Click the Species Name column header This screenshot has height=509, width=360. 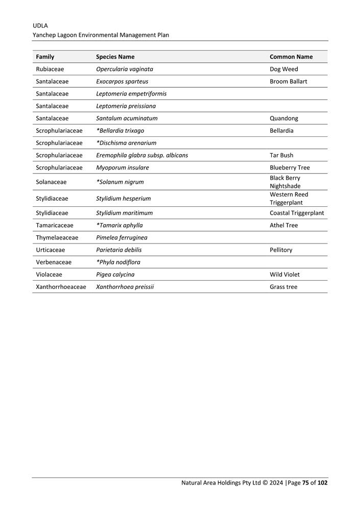click(x=115, y=57)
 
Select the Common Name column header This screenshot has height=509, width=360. click(x=291, y=57)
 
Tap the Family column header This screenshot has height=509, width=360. click(x=45, y=57)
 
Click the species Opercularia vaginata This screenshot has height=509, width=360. click(x=125, y=69)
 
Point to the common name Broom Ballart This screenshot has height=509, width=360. click(x=289, y=81)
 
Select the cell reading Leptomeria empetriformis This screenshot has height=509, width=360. click(x=131, y=93)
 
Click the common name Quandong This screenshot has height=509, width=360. click(x=284, y=118)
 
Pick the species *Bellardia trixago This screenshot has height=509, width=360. click(x=120, y=131)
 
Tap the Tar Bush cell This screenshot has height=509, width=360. click(x=281, y=155)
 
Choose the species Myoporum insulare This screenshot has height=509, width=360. click(x=123, y=167)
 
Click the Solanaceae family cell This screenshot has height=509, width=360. click(x=51, y=182)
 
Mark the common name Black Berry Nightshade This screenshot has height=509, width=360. click(x=285, y=182)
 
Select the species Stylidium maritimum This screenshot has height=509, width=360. click(x=124, y=213)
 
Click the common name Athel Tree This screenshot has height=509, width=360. click(x=283, y=225)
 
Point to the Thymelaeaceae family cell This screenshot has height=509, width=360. click(x=57, y=237)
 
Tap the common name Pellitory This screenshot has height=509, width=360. click(x=281, y=250)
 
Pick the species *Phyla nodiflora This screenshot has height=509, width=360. click(x=118, y=262)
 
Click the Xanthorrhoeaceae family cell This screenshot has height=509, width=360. click(x=61, y=286)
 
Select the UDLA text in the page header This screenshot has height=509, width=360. click(x=40, y=25)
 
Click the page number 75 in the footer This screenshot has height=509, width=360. click(x=305, y=482)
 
